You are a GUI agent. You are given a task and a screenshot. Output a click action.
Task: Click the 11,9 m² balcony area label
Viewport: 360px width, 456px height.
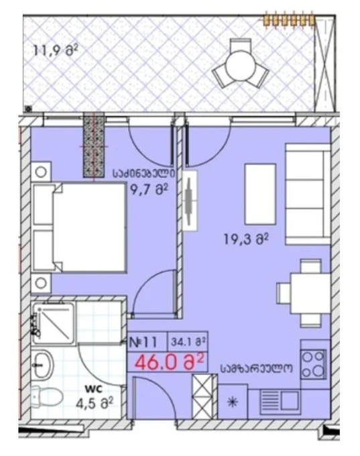pyautogui.click(x=56, y=50)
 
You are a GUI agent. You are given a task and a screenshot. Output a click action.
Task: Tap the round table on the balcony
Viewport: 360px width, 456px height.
pyautogui.click(x=240, y=64)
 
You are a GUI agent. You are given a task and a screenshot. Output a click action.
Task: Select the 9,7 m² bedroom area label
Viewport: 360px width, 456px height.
pyautogui.click(x=149, y=190)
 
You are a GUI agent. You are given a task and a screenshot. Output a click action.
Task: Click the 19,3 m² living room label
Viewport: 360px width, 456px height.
pyautogui.click(x=246, y=239)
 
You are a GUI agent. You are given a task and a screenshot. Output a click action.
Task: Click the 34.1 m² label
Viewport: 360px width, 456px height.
pyautogui.click(x=188, y=342)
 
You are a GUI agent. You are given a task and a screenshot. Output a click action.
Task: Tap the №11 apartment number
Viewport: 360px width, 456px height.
pyautogui.click(x=143, y=342)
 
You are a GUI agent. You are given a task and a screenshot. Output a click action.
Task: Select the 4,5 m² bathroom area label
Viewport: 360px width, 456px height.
pyautogui.click(x=95, y=403)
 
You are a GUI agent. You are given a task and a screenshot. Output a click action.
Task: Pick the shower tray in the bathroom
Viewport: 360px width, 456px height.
pyautogui.click(x=53, y=323)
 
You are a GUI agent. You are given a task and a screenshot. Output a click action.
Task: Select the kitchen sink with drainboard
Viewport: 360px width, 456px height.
pyautogui.click(x=280, y=401)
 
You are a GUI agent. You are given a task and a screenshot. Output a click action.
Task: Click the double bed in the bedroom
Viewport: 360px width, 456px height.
pyautogui.click(x=79, y=227)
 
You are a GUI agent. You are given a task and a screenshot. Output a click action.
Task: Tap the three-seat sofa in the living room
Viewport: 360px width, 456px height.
pyautogui.click(x=308, y=194)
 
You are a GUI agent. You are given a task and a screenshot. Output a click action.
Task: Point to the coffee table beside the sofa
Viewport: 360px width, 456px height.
pyautogui.click(x=260, y=194)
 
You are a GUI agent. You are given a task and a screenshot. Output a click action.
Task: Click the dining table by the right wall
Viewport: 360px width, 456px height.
pyautogui.click(x=310, y=293)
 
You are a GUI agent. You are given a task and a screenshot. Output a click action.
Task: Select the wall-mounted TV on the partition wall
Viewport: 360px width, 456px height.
pyautogui.click(x=189, y=201)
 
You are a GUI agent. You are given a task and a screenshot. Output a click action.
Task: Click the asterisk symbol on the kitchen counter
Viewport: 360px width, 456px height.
pyautogui.click(x=233, y=402)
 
